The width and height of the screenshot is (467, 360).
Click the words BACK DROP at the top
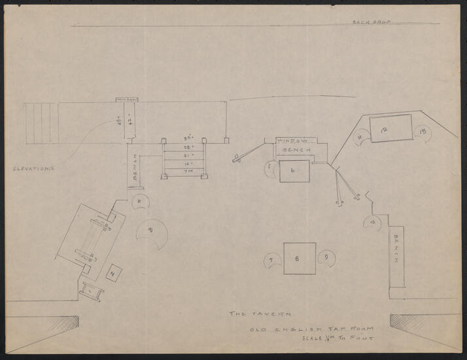pos(371,22)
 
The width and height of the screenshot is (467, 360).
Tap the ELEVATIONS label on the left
pos(32,169)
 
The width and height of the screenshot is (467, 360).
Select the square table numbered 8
pos(300,259)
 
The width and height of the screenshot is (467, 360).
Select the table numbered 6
pos(294,171)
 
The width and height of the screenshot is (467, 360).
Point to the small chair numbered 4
pos(140,201)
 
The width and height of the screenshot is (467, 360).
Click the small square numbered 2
pos(113,274)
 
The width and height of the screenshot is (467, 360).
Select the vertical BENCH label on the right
pos(397,249)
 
